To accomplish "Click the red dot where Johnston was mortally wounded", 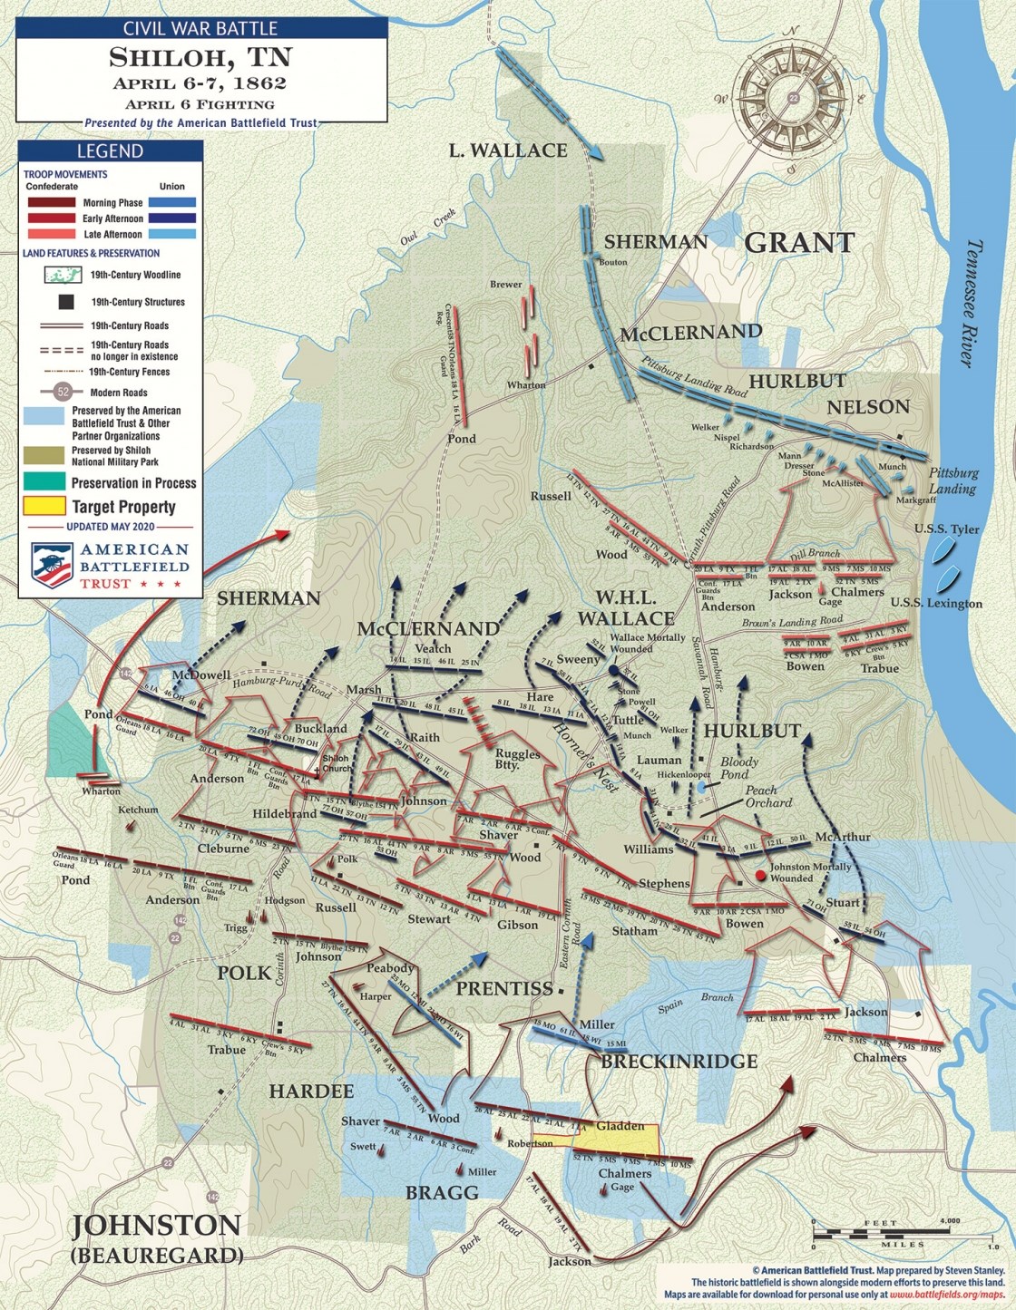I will (760, 876).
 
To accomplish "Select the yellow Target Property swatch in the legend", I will (44, 507).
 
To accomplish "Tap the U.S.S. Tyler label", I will (946, 529).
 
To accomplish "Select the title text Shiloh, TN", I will (200, 57).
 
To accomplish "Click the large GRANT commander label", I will (799, 243).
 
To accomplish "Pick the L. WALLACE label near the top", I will (508, 150).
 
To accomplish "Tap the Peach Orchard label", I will (768, 796).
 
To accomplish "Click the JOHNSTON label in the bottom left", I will (156, 1226).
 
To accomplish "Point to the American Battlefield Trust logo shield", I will (52, 564).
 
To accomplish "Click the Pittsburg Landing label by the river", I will (952, 480).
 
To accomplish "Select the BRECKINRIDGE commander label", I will (679, 1061).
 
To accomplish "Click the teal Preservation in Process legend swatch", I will (44, 482).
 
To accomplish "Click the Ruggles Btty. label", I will (517, 759).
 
